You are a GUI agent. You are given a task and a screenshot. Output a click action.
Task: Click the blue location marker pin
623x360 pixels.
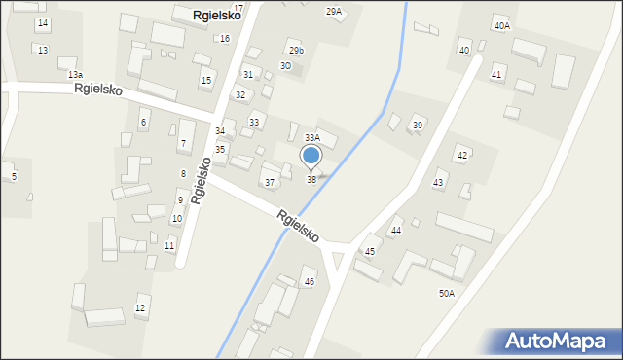[x=311, y=156]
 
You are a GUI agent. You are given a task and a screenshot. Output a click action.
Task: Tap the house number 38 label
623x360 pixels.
[x=311, y=180]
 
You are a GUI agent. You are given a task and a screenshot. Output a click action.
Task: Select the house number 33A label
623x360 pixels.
[x=312, y=138]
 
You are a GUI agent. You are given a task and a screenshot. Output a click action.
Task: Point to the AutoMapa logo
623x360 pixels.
[x=556, y=341]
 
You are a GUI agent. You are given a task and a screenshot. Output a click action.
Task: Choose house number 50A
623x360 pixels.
[x=447, y=293]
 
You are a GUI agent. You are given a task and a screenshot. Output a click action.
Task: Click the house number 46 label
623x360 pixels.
[x=310, y=282]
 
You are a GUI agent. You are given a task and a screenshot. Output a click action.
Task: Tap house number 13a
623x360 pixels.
[x=75, y=74]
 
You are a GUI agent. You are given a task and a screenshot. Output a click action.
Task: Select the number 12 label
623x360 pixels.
[x=140, y=308]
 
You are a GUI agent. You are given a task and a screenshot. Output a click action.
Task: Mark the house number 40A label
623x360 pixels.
[x=501, y=26]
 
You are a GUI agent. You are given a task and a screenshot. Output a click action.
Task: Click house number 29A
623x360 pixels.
[x=334, y=11]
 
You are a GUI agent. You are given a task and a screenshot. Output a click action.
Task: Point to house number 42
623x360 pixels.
[x=462, y=156]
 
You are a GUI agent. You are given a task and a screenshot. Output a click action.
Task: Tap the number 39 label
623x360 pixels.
[x=417, y=126]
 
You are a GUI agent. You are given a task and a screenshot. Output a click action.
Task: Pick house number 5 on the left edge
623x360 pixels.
[x=14, y=176]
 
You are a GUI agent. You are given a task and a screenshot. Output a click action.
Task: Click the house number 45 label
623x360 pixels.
[x=370, y=252]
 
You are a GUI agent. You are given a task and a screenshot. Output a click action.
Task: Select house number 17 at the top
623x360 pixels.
[x=238, y=7]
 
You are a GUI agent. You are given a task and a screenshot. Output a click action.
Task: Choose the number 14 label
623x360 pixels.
[x=42, y=22]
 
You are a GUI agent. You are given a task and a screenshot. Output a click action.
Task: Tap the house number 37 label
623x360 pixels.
[x=270, y=183]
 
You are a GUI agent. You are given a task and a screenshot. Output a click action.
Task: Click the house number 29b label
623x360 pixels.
[x=296, y=50]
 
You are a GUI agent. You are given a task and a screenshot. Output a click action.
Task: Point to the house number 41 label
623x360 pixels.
[x=496, y=75]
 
